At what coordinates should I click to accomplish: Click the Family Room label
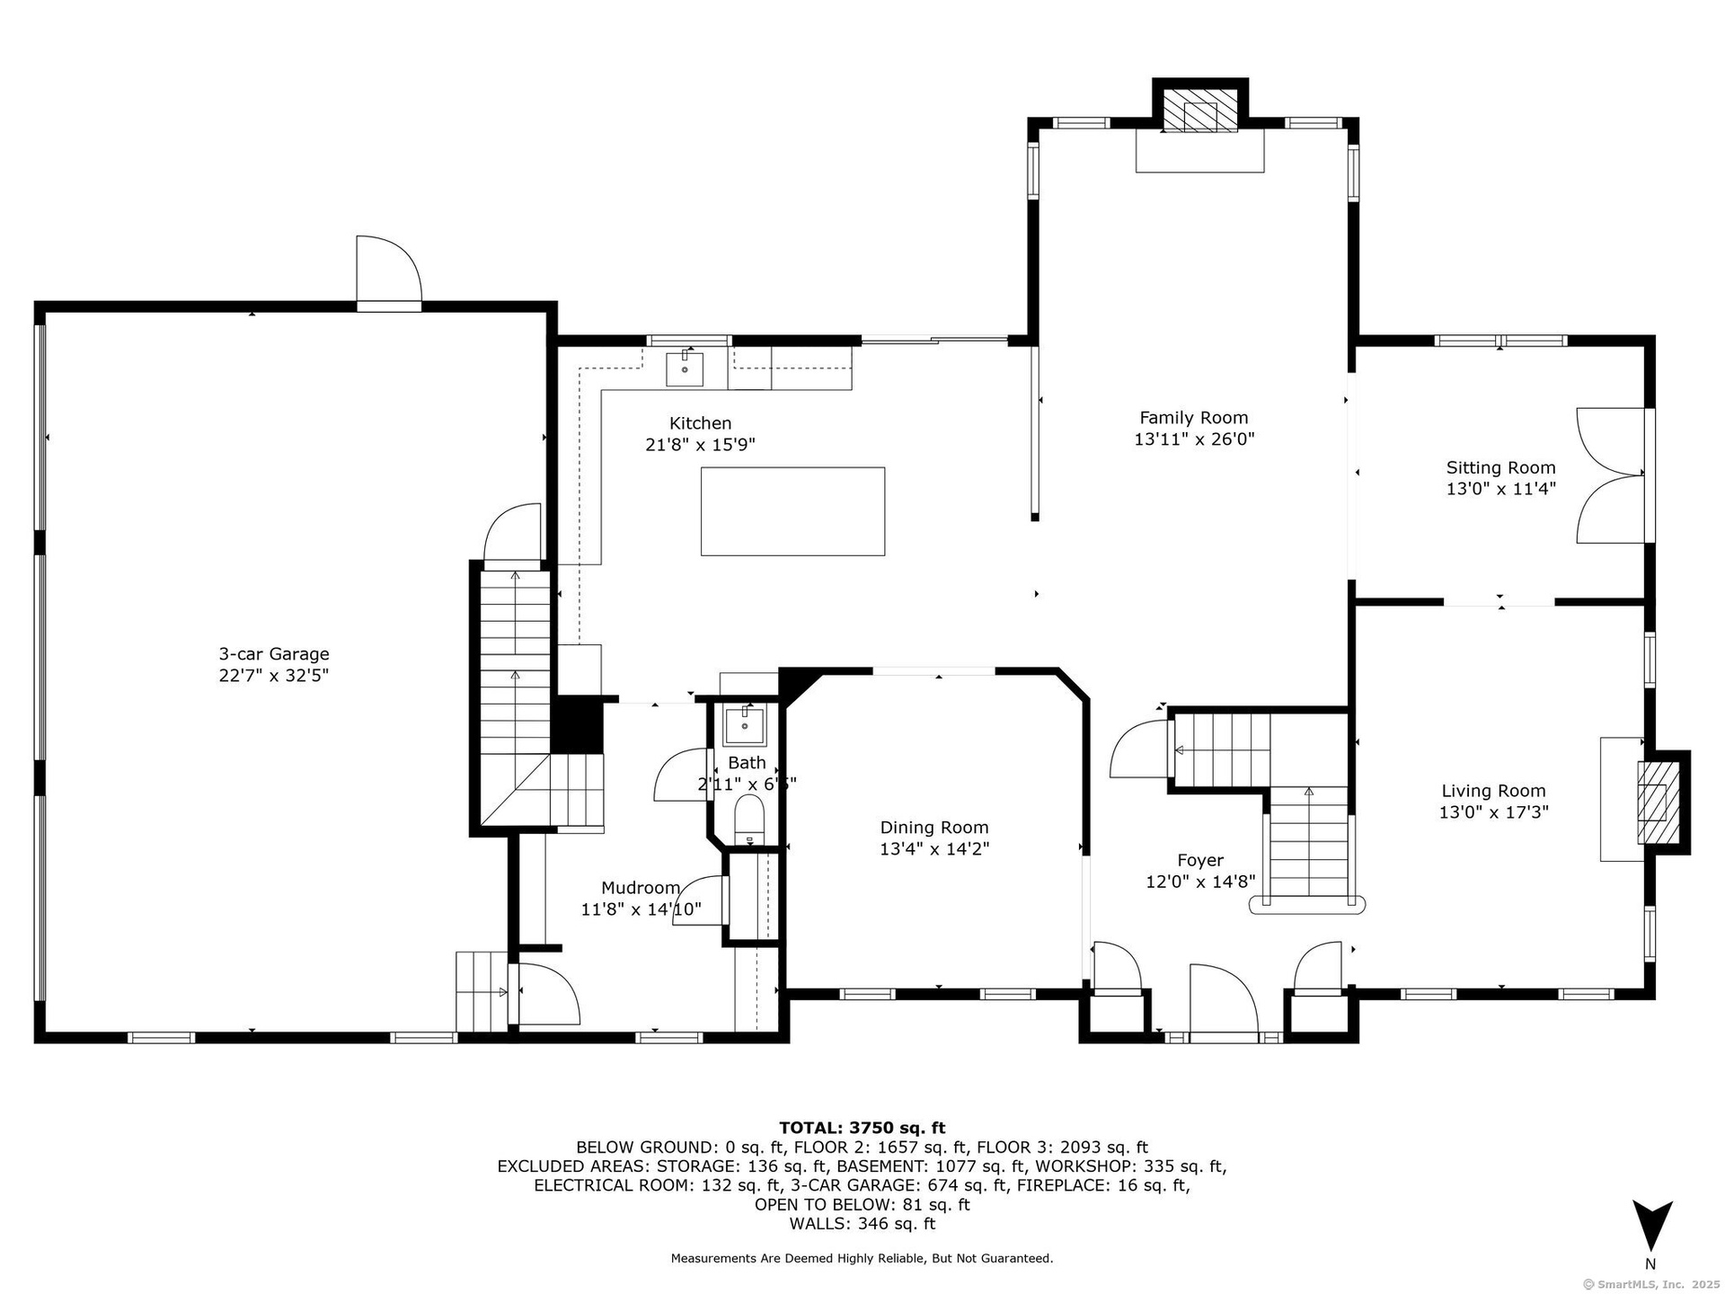click(x=1193, y=418)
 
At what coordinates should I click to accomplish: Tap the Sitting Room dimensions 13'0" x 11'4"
click(x=1500, y=489)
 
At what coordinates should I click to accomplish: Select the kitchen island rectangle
click(x=792, y=511)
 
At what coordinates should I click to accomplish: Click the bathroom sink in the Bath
click(x=745, y=725)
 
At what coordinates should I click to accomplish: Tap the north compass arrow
click(x=1651, y=1225)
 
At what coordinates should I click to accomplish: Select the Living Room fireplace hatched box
click(x=1659, y=802)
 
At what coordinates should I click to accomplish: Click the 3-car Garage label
click(x=274, y=654)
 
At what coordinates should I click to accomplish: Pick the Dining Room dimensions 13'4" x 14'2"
click(x=934, y=849)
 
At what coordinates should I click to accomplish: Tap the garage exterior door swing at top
click(x=389, y=270)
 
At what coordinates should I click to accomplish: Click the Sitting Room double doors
click(x=1613, y=476)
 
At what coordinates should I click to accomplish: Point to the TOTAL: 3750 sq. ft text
click(x=862, y=1128)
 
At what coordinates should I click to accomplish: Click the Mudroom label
click(x=640, y=888)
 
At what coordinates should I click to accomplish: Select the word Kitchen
click(x=700, y=423)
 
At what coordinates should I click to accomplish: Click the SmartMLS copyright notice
click(x=1651, y=1284)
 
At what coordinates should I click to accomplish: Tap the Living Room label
click(x=1493, y=791)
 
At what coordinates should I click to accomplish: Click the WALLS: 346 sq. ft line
click(x=862, y=1224)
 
